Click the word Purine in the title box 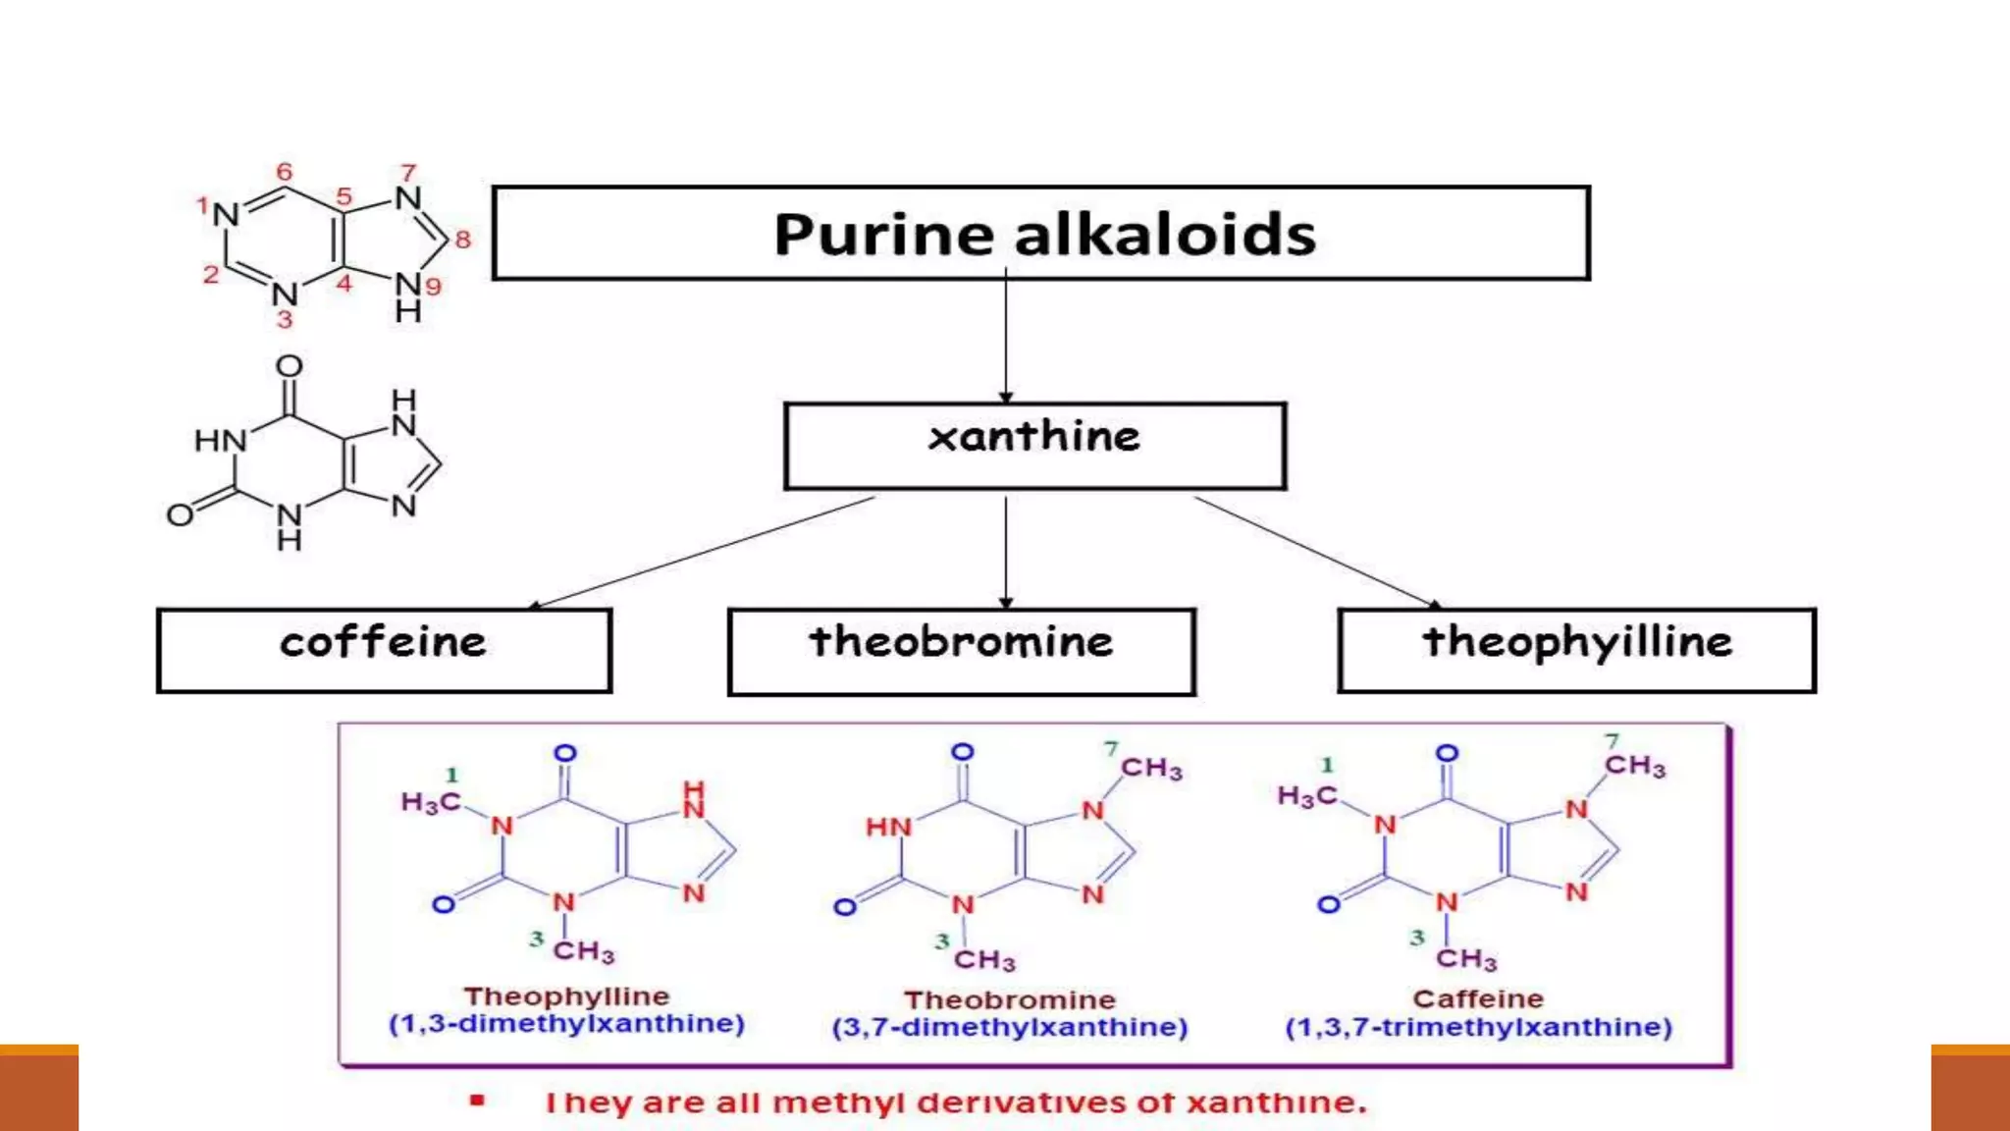883,236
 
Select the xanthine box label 1034,437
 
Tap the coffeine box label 383,643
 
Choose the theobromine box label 961,642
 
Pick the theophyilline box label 1577,642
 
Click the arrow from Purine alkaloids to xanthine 1005,339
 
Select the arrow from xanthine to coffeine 702,553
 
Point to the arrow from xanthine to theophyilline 1315,551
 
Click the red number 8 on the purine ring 462,239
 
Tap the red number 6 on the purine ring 284,172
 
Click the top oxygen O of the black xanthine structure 289,366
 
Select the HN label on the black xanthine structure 220,441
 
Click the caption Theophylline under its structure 566,996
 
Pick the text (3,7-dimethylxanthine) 1009,1028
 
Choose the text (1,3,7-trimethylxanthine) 1478,1028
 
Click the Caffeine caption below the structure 1478,999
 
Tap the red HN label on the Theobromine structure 888,828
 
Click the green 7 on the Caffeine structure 1612,740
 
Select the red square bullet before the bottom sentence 477,1101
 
